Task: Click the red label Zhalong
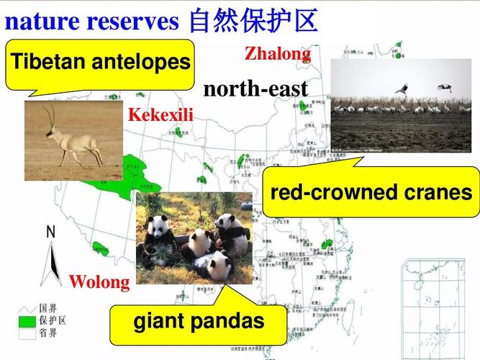pyautogui.click(x=278, y=53)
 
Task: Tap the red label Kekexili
pyautogui.click(x=160, y=114)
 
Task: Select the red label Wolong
pyautogui.click(x=99, y=282)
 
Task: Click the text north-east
pyautogui.click(x=255, y=89)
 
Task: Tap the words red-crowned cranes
pyautogui.click(x=371, y=192)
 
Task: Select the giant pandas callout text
pyautogui.click(x=199, y=322)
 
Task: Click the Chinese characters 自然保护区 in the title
pyautogui.click(x=253, y=20)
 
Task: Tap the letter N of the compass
pyautogui.click(x=50, y=232)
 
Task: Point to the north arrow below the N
pyautogui.click(x=50, y=263)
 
